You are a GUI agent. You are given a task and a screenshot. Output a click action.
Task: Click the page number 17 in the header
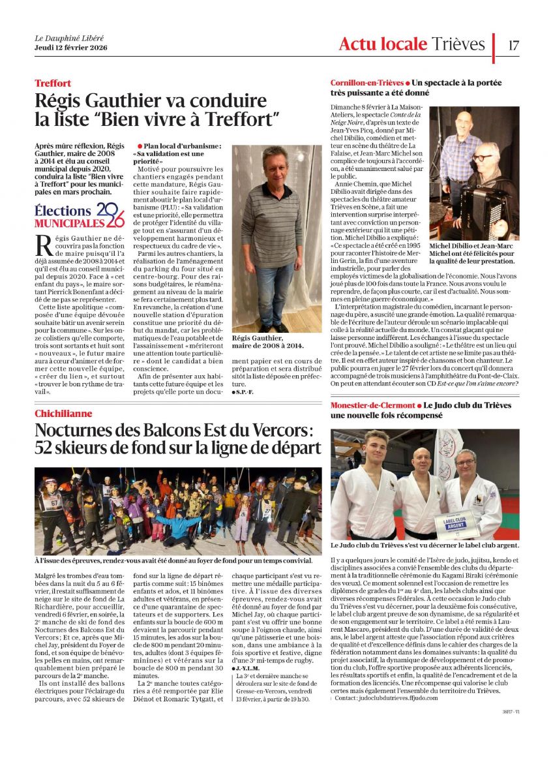(x=513, y=45)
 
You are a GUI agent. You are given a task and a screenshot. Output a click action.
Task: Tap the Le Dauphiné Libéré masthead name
(x=68, y=38)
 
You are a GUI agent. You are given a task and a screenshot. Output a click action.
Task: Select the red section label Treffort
(x=53, y=84)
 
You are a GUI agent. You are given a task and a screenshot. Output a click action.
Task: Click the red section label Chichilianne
(x=63, y=414)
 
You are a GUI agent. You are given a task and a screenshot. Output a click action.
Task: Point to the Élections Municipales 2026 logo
(x=79, y=215)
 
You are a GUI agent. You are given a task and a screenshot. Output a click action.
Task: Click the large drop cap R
(x=44, y=245)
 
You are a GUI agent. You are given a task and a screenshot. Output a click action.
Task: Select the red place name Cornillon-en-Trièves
(x=367, y=84)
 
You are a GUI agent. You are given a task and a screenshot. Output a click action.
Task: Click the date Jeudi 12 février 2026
(x=71, y=48)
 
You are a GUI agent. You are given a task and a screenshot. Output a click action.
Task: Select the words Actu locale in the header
(x=383, y=44)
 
